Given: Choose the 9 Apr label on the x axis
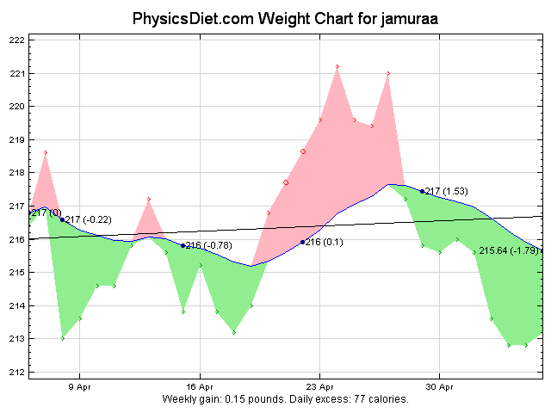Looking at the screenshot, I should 80,387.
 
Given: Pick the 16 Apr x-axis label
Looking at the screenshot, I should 200,387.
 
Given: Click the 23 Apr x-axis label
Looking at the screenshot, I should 319,387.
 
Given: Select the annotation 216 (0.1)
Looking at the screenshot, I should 325,243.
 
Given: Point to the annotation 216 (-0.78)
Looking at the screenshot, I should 209,246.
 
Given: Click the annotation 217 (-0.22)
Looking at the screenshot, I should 89,219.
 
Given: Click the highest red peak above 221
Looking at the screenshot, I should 337,66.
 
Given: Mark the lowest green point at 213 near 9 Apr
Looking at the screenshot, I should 63,338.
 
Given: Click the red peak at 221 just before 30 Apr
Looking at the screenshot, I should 388,73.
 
